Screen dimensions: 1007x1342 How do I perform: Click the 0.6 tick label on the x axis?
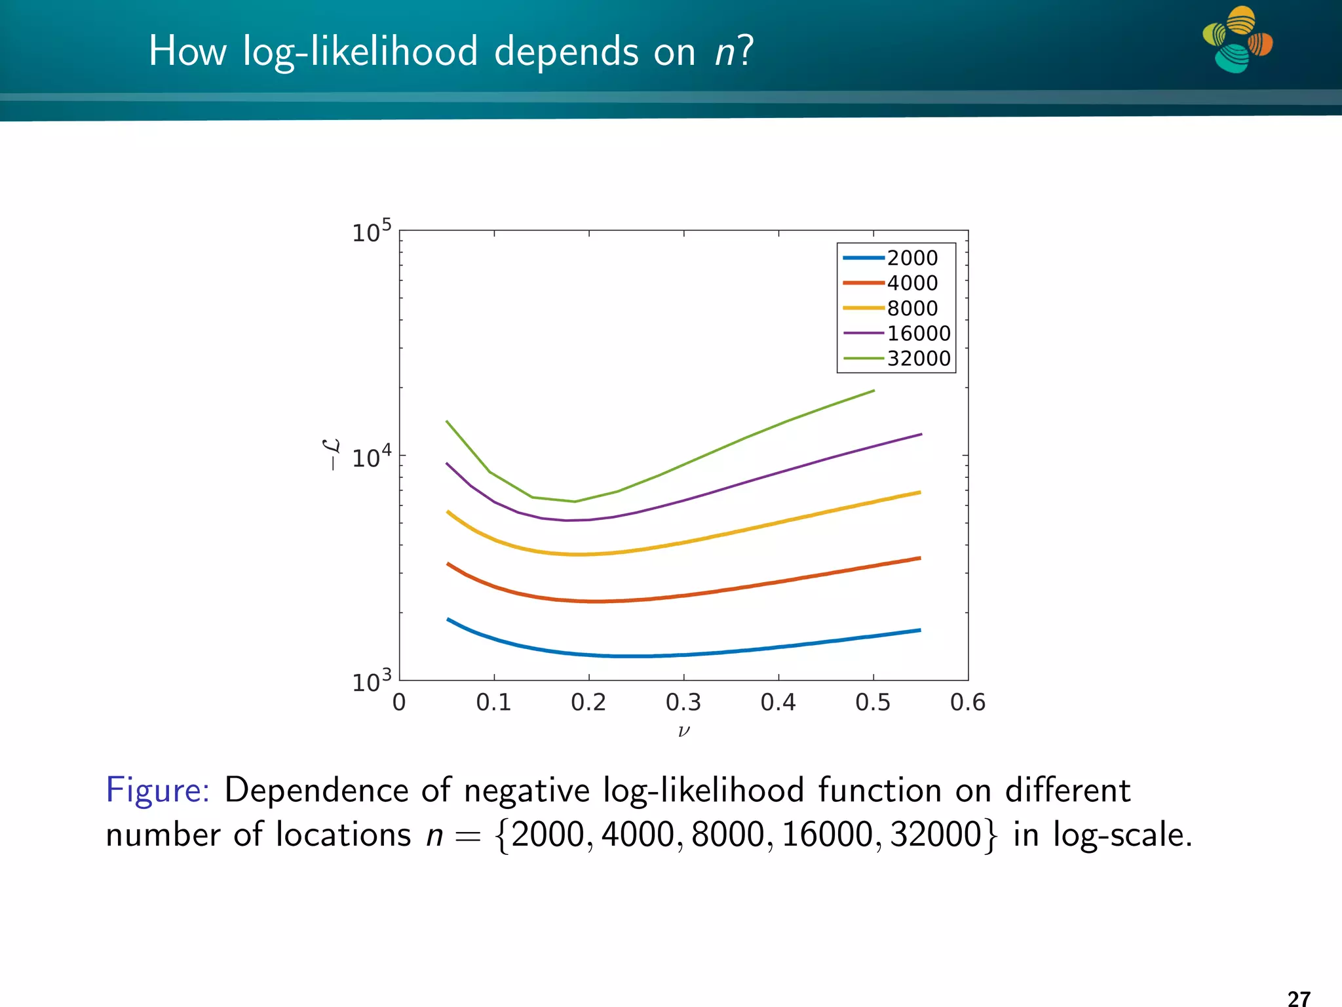coord(968,703)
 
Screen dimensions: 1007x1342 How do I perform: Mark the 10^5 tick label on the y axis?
coord(372,231)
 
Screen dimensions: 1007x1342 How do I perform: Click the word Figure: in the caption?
coord(158,790)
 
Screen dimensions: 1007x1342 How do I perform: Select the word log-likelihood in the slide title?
coord(360,52)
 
